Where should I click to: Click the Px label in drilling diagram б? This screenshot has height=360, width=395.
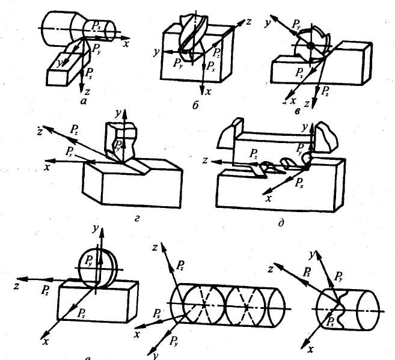click(210, 67)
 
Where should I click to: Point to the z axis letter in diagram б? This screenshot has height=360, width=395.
click(247, 22)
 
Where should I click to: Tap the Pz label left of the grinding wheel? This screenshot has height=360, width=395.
click(44, 290)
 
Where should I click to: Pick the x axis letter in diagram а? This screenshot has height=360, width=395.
click(127, 44)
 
